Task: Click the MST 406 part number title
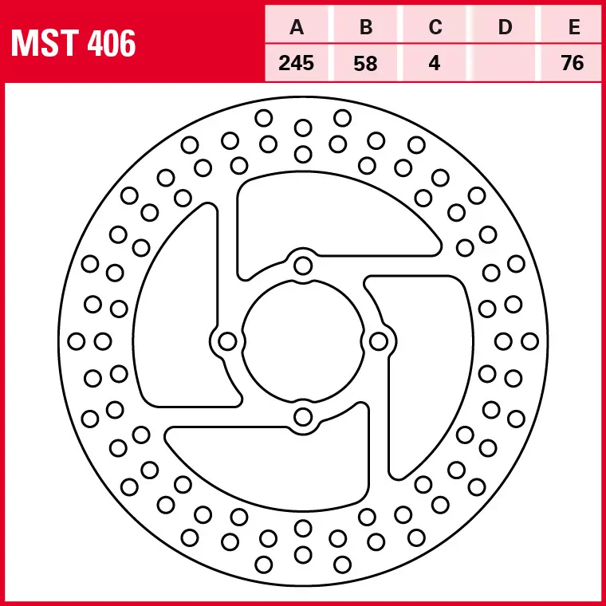tap(73, 42)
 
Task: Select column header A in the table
tap(297, 27)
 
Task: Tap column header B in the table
tap(366, 27)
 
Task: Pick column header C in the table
tap(435, 27)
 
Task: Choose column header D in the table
tap(505, 27)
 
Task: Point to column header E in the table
tap(574, 27)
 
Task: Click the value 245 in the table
tap(297, 63)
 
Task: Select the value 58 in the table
tap(366, 63)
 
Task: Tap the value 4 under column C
tap(435, 63)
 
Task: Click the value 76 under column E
tap(573, 63)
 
